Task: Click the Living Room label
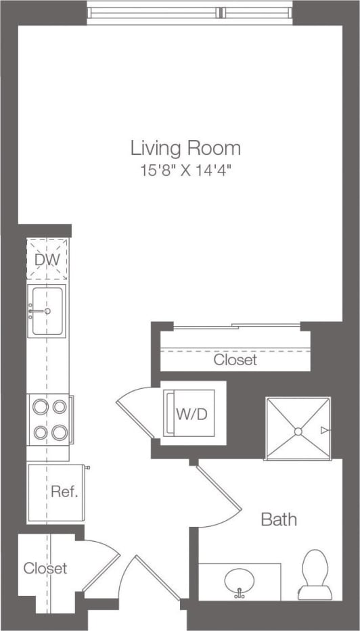click(185, 147)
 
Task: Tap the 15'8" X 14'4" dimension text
click(185, 170)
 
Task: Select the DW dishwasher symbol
click(47, 258)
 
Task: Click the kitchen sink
click(47, 311)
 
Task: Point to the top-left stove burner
click(39, 407)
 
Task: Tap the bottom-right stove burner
click(60, 431)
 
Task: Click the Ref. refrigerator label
click(64, 492)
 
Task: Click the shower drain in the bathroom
click(297, 430)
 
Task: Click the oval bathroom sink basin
click(240, 580)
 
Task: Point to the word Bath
click(279, 519)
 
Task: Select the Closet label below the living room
click(235, 360)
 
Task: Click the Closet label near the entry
click(45, 568)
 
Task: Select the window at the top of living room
click(189, 12)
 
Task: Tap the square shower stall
click(298, 429)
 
